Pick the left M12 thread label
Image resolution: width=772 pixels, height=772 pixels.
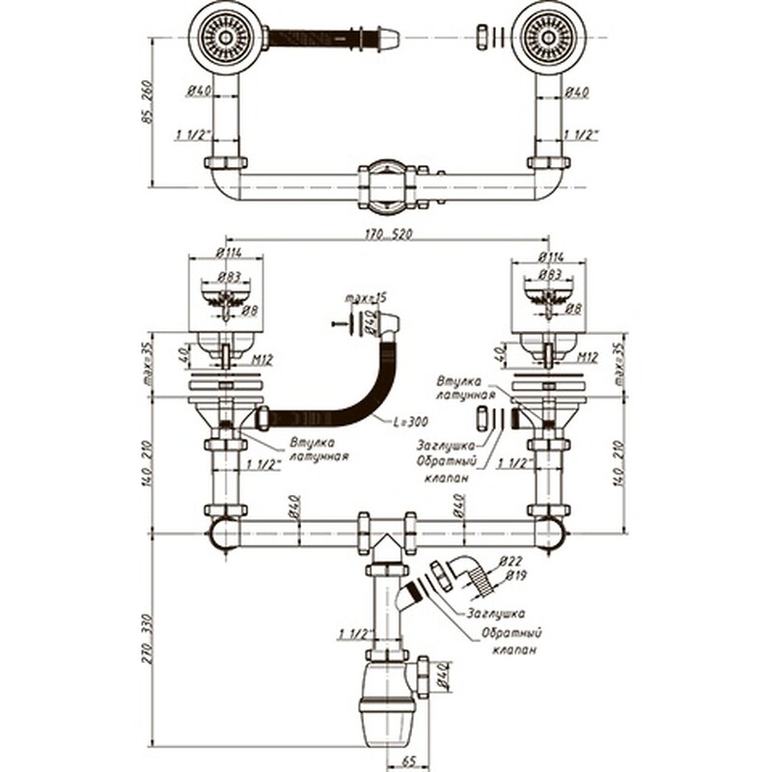click(262, 359)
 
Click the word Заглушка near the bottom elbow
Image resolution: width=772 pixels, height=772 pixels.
click(496, 613)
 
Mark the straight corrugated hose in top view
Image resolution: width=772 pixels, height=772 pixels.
click(323, 39)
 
